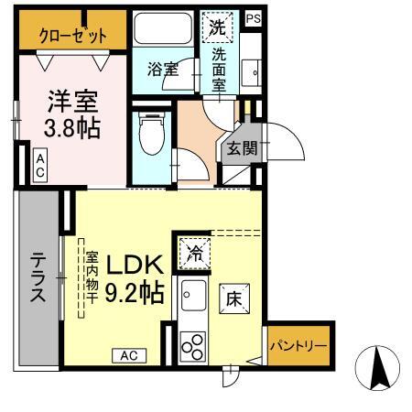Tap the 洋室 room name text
(70, 99)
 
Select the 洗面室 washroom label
(220, 68)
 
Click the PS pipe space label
(253, 16)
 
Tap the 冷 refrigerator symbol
(193, 251)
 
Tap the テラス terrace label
(38, 278)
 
